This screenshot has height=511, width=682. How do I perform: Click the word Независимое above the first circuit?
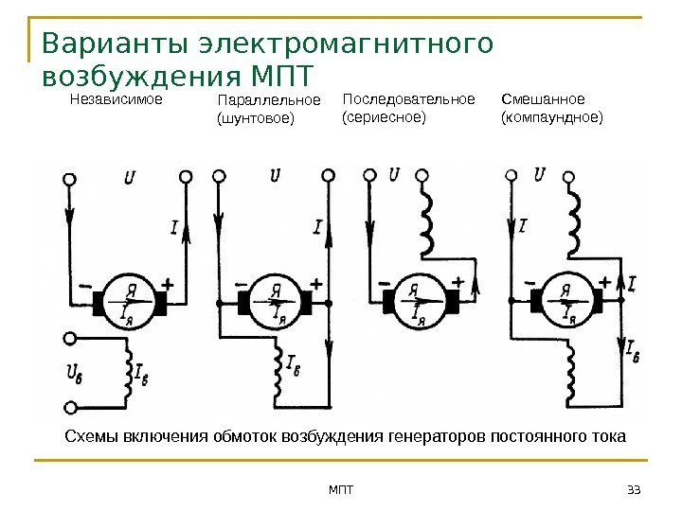pyautogui.click(x=117, y=97)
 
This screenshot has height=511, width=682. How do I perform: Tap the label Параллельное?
pyautogui.click(x=270, y=99)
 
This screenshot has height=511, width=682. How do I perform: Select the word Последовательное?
pyautogui.click(x=407, y=98)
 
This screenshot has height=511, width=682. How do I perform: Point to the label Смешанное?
pyautogui.click(x=543, y=98)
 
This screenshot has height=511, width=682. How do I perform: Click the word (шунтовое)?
pyautogui.click(x=256, y=118)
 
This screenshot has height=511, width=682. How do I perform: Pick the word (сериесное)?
pyautogui.click(x=384, y=117)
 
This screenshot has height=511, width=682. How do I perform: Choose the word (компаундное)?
pyautogui.click(x=550, y=117)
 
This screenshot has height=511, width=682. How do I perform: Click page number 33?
pyautogui.click(x=634, y=489)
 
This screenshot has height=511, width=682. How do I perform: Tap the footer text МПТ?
pyautogui.click(x=340, y=489)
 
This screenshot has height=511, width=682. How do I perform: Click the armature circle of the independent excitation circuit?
pyautogui.click(x=130, y=301)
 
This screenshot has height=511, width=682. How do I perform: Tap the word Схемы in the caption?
pyautogui.click(x=88, y=437)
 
